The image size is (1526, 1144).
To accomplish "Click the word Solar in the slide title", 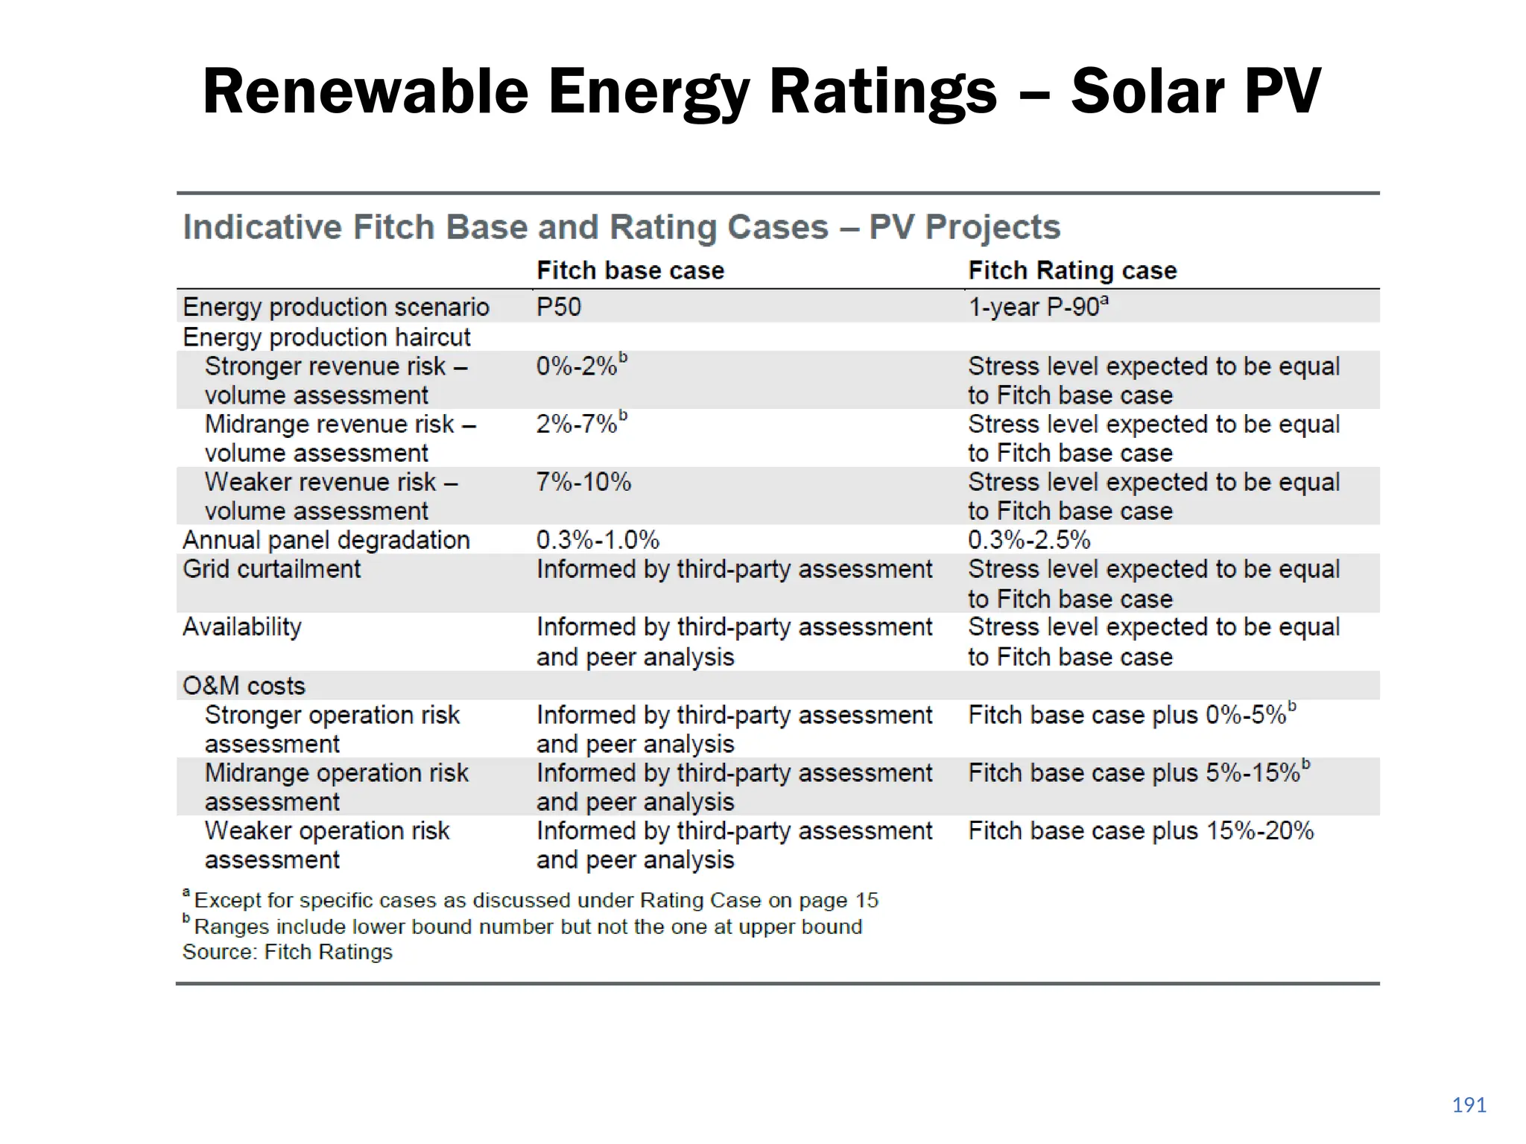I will [x=1145, y=92].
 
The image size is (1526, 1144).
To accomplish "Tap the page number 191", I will [x=1469, y=1105].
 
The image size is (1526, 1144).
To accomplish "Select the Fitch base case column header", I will [x=630, y=270].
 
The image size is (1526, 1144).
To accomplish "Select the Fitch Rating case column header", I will [x=1072, y=270].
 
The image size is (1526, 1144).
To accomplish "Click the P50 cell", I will [x=558, y=307].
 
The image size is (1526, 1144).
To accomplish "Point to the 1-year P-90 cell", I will [x=1037, y=307].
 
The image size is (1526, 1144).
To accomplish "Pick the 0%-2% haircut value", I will [x=577, y=366].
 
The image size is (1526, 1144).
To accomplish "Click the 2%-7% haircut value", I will [x=577, y=425].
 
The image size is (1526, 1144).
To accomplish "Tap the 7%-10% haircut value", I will [x=583, y=483].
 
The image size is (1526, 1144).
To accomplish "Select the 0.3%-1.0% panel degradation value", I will [x=598, y=540].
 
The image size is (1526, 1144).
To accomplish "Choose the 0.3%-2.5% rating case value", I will [x=1029, y=540].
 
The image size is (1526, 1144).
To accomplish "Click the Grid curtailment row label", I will [x=271, y=569].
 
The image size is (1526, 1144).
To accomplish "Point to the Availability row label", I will [x=242, y=627].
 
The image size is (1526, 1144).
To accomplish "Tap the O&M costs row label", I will [x=244, y=686].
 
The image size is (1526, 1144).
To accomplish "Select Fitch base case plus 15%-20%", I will [x=1141, y=831].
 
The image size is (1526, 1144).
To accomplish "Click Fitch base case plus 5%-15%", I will [x=1134, y=773].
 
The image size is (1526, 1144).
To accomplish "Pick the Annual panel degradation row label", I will [x=326, y=540].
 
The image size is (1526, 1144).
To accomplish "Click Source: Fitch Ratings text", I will [x=287, y=952].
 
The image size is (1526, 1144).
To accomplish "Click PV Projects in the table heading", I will [x=964, y=227].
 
